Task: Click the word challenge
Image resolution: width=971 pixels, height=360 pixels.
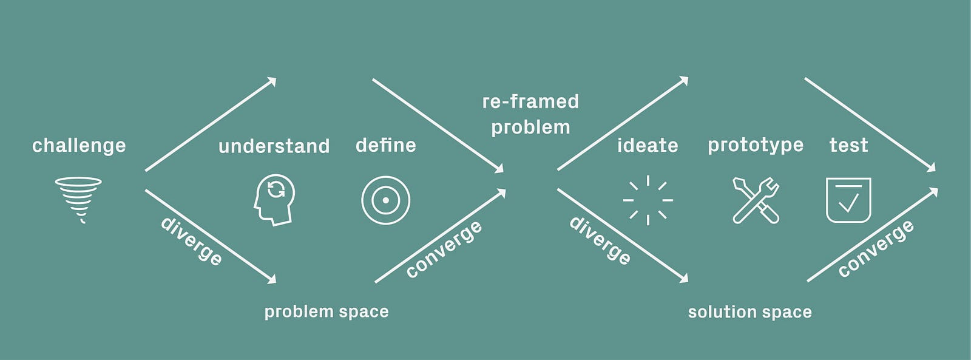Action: pos(79,146)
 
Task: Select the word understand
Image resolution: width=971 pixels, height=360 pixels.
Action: pos(274,146)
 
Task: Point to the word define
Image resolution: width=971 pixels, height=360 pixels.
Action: pos(386,145)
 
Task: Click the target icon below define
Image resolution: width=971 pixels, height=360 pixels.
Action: pos(385,177)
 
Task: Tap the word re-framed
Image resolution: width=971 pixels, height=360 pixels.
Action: pos(530,101)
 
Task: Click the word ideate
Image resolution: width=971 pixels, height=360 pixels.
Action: pos(648,145)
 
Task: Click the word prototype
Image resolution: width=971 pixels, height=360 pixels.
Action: pos(756,146)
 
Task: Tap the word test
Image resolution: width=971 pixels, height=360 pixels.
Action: pos(849,145)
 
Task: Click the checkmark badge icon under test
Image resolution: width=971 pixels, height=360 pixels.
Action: pos(827,200)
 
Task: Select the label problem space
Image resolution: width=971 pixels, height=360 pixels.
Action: pos(326,312)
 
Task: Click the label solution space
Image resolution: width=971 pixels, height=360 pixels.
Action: pos(750,312)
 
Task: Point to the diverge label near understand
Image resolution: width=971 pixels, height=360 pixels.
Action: pos(192,241)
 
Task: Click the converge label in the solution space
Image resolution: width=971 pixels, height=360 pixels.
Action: pos(876,248)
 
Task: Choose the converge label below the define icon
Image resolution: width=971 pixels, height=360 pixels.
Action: pos(444,249)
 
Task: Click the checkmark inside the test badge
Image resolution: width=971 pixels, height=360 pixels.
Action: pos(848,203)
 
